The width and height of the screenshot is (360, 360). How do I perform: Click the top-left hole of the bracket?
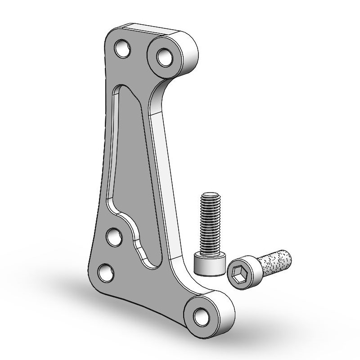click(122, 49)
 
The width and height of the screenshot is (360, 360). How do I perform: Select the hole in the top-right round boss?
click(164, 57)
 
